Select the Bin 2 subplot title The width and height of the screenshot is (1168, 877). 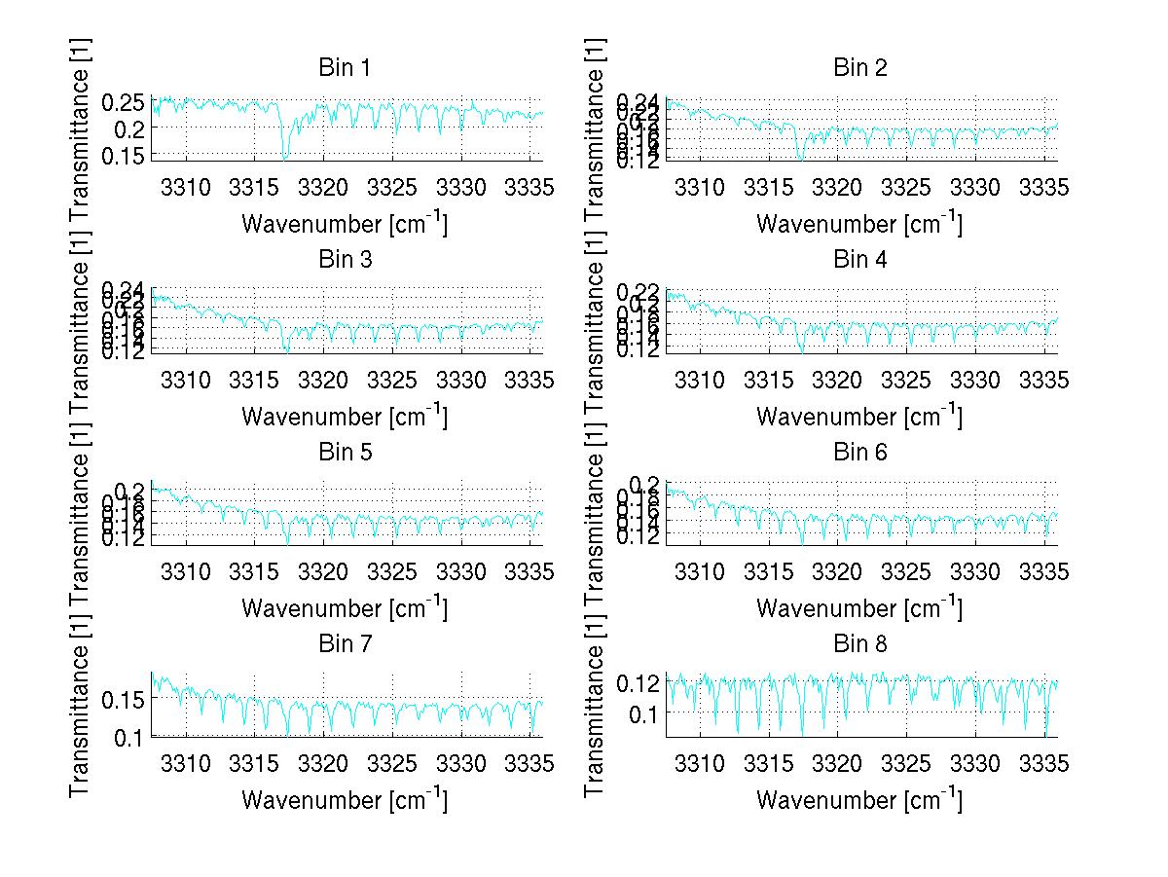[859, 68]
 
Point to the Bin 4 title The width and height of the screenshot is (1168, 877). [859, 260]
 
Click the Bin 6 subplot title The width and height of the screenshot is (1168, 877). [859, 453]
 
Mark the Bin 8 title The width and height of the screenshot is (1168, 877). [859, 644]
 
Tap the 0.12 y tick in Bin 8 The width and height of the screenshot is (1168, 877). [639, 682]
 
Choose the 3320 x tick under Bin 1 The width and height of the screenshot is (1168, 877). [323, 187]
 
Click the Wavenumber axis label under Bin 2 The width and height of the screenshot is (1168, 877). [859, 224]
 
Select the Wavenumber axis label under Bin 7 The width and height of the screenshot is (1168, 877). [345, 800]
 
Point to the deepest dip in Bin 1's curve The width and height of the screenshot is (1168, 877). [284, 158]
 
